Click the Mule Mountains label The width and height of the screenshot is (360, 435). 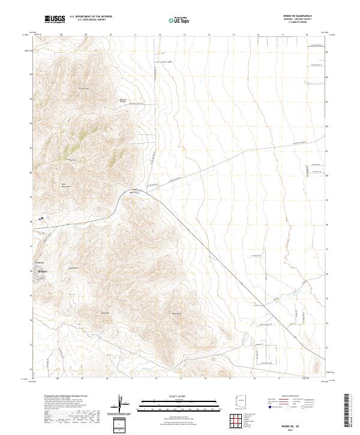coord(64,186)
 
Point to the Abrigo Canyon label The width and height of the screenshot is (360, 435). coord(124,101)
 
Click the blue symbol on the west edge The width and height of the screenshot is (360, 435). coord(40,219)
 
